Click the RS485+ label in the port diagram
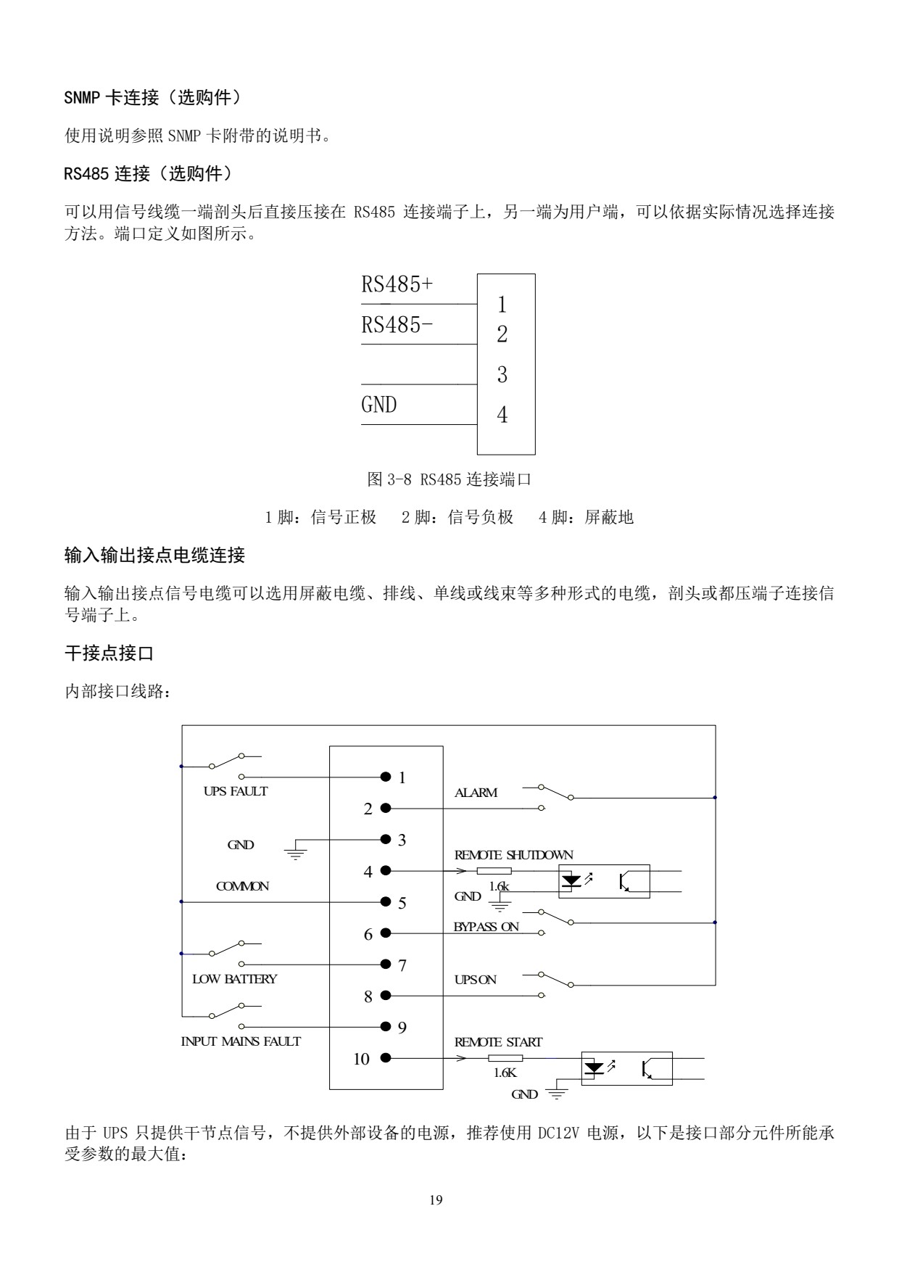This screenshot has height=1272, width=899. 397,284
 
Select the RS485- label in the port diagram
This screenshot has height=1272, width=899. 397,325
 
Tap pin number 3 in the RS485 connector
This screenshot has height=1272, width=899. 502,375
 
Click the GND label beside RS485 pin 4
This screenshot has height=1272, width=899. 379,405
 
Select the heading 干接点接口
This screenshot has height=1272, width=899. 109,653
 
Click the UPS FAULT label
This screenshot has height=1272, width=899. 236,791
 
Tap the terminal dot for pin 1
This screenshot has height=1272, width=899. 385,777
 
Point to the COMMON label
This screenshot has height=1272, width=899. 242,886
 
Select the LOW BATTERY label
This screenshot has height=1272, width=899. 234,979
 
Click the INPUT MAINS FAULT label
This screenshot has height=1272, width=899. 241,1041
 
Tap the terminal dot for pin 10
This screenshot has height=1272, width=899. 385,1058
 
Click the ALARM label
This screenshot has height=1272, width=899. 476,793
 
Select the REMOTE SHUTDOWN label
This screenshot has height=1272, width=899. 513,855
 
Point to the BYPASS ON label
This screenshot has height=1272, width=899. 486,927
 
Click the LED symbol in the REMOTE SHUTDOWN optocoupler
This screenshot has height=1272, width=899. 572,880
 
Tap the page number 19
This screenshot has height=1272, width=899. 436,1199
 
